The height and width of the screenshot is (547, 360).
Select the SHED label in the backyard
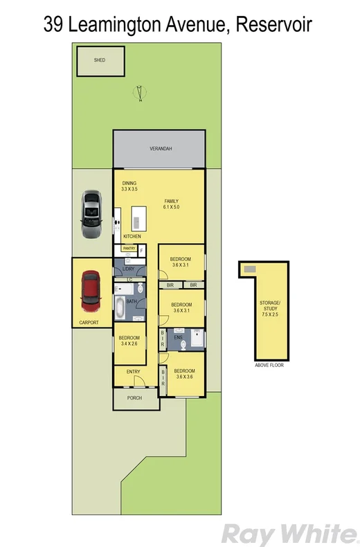click(100, 61)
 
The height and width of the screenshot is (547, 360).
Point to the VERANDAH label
click(160, 150)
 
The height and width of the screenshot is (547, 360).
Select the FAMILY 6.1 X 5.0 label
click(171, 203)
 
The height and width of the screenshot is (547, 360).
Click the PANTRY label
click(129, 249)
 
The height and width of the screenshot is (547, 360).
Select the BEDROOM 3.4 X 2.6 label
click(129, 341)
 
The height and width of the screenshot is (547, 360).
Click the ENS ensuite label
click(177, 337)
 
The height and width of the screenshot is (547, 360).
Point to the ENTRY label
click(134, 372)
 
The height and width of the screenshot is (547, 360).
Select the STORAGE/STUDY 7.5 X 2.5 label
click(269, 308)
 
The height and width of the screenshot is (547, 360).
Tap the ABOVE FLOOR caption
click(269, 364)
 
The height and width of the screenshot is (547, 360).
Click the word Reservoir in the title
click(273, 25)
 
